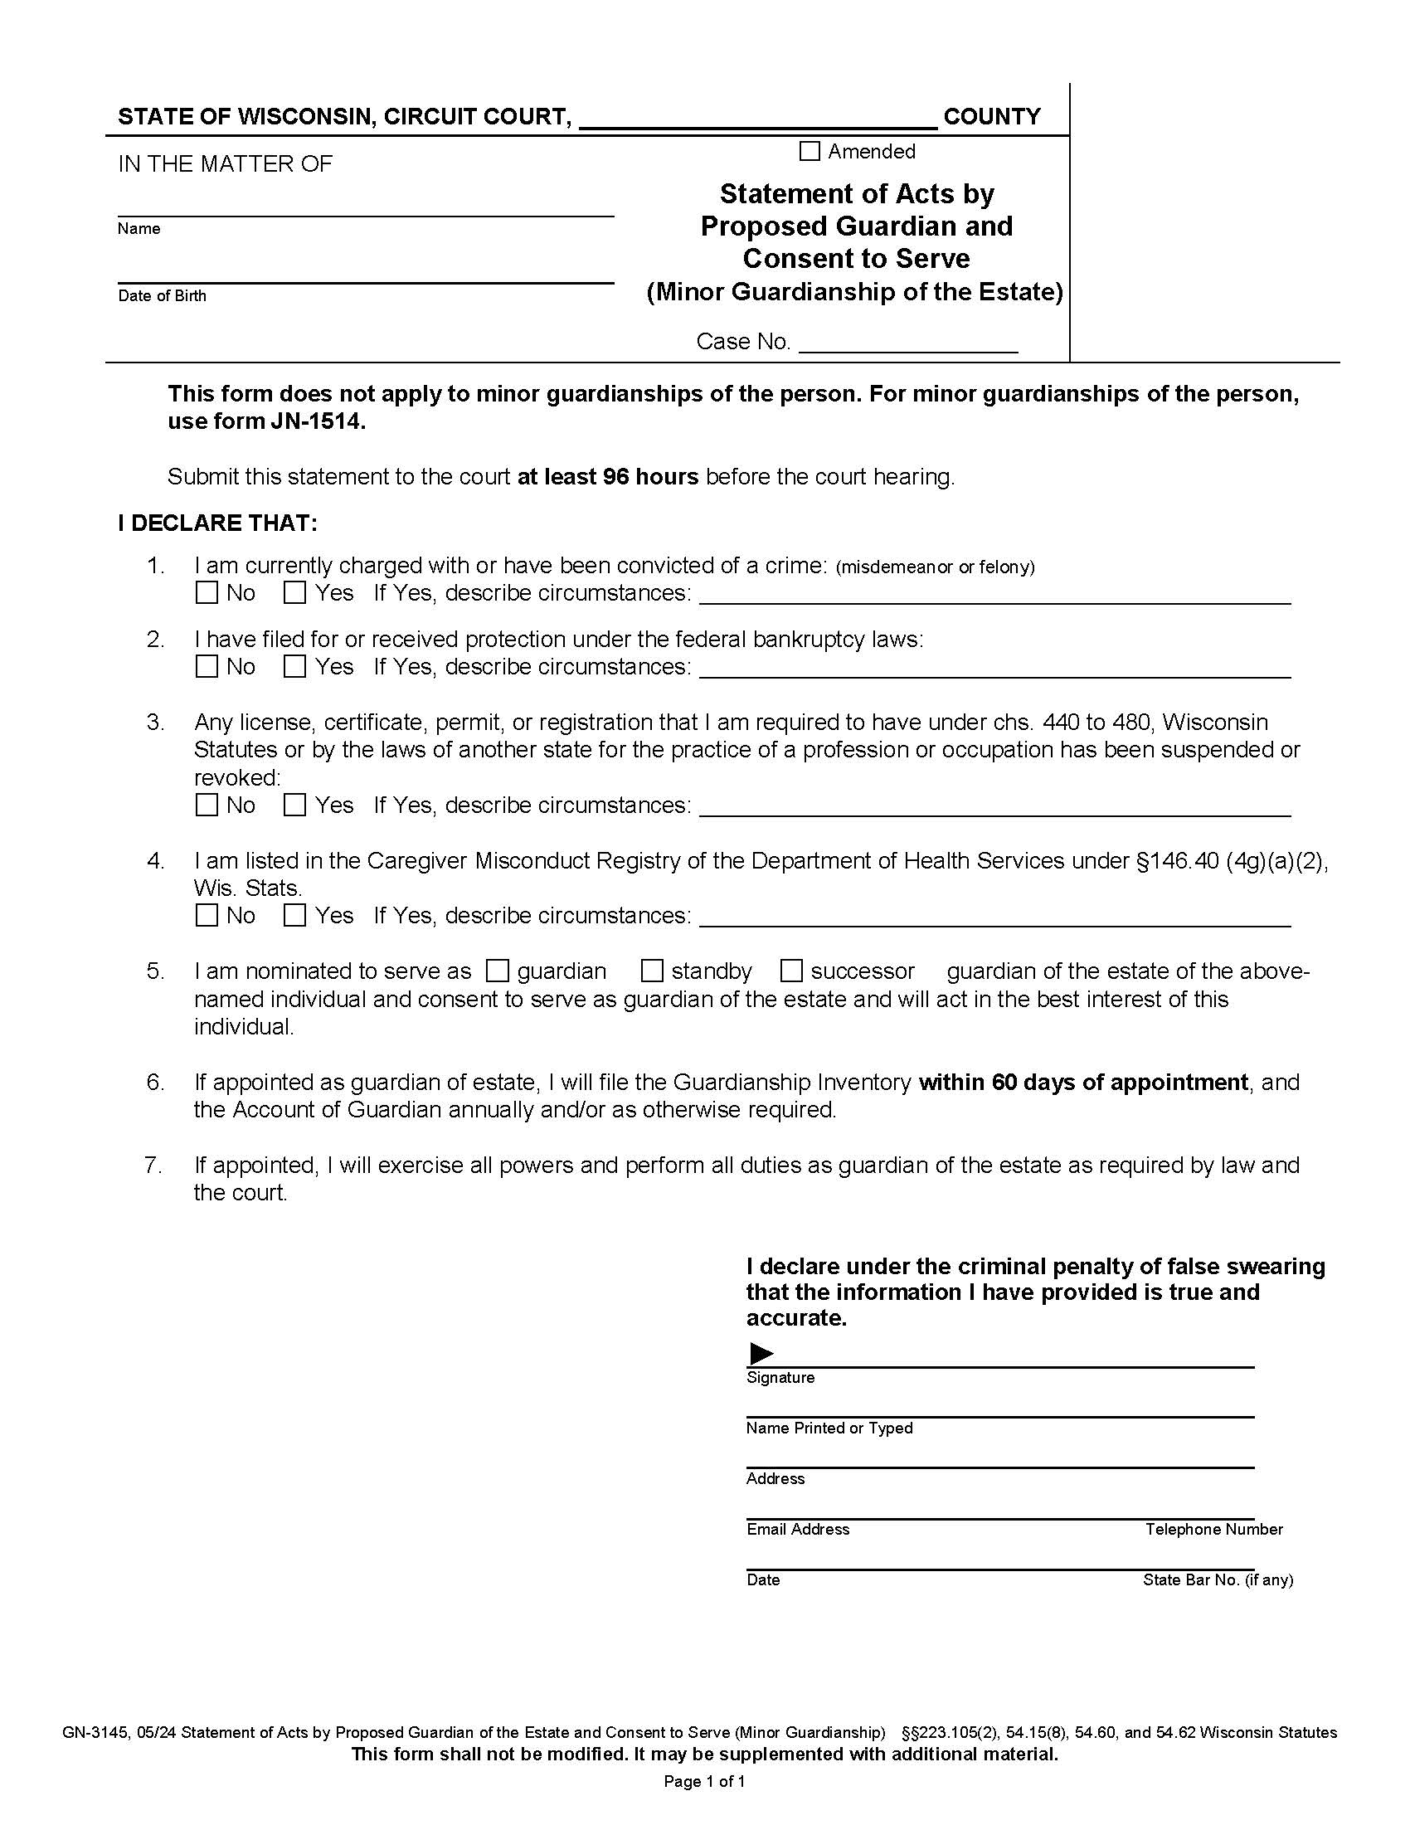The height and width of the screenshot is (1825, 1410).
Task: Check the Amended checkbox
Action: (x=810, y=151)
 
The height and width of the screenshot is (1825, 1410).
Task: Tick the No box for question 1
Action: (x=207, y=593)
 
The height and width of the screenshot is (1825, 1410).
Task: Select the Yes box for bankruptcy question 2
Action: (x=294, y=667)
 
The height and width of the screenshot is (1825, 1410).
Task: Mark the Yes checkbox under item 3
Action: (x=294, y=805)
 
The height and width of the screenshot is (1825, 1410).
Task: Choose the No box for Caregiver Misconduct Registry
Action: (x=207, y=916)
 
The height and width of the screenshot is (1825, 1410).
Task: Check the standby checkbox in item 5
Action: (x=652, y=971)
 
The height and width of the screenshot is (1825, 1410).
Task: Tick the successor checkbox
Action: (x=791, y=971)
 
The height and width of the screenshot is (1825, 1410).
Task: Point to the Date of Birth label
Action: (x=162, y=296)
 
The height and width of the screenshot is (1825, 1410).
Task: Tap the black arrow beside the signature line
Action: (x=761, y=1353)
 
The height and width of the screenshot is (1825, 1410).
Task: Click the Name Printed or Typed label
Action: (x=829, y=1428)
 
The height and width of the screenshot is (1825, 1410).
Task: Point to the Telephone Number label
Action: (x=1213, y=1529)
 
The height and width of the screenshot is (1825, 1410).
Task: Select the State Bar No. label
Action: (x=1217, y=1580)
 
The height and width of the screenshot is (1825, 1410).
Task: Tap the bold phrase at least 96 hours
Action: (x=607, y=477)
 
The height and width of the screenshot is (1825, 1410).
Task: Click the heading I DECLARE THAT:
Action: (x=217, y=523)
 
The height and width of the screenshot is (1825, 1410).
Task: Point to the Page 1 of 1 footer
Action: (x=704, y=1782)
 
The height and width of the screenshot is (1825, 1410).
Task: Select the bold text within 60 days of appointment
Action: (x=1082, y=1082)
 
